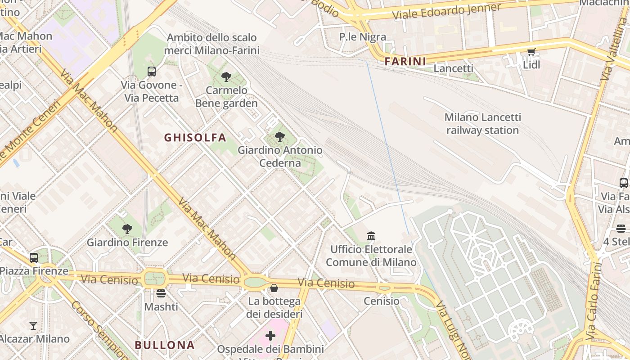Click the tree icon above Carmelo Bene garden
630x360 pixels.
226,77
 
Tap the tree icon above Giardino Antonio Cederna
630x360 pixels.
280,137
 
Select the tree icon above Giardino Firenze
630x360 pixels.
127,229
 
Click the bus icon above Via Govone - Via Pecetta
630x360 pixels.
152,72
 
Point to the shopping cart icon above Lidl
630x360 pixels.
531,52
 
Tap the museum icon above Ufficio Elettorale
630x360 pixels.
371,236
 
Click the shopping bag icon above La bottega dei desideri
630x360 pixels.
274,288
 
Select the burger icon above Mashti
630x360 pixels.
161,293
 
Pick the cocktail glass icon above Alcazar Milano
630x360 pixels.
33,325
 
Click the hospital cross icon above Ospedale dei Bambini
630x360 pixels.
270,336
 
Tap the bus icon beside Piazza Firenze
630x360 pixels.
34,258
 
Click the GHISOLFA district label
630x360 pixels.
195,138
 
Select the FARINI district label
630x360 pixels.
405,61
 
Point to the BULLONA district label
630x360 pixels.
165,345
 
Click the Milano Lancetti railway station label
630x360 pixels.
482,124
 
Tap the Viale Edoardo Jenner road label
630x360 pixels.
447,11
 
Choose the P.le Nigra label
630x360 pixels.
363,37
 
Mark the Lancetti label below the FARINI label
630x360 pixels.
453,68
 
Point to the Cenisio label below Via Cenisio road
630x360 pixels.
381,301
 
